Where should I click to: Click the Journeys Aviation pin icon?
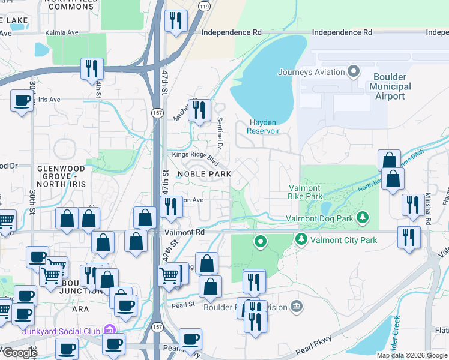coord(354,73)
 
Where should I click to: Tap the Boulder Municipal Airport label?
coord(390,86)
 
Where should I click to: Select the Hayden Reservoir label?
coord(264,126)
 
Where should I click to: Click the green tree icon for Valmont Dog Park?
coord(362,217)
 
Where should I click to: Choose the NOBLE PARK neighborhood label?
coord(204,173)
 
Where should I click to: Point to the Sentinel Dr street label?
coord(220,134)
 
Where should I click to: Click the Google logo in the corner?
coord(19,352)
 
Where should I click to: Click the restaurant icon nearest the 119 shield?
coord(176,22)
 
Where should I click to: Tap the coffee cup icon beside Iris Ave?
coord(22,100)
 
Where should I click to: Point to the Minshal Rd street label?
coord(428,211)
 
